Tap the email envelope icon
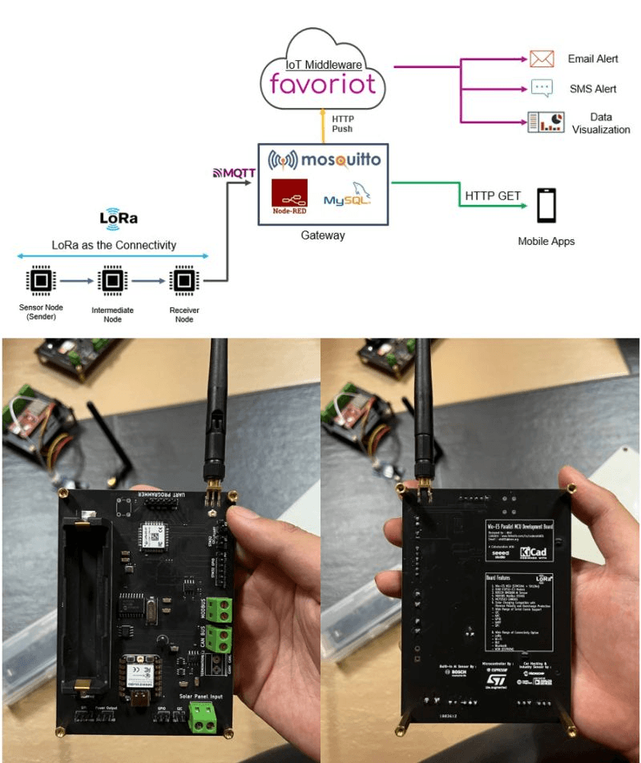542,58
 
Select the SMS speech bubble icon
542,89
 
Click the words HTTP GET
493,195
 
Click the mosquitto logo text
324,159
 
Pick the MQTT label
233,172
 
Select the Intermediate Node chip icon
111,281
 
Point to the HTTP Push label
341,123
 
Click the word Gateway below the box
323,235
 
